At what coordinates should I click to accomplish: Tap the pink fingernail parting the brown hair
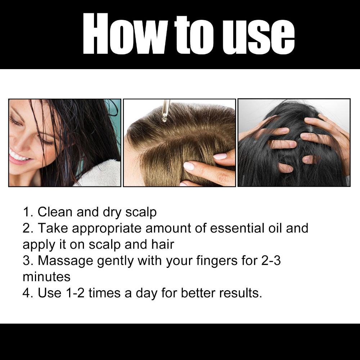pos(189,166)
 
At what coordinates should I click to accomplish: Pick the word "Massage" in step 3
pos(66,261)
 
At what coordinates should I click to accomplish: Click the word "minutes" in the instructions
pos(46,277)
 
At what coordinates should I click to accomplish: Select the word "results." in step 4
pos(239,293)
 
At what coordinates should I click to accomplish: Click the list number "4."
pos(28,293)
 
